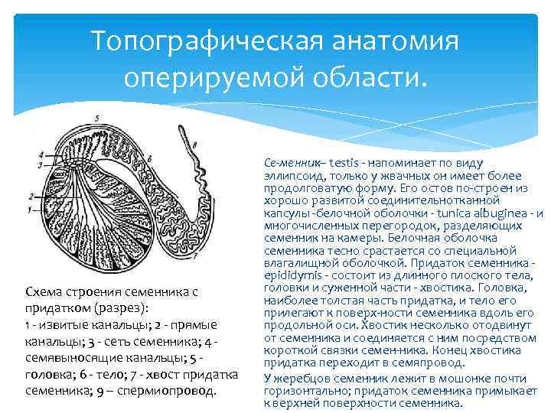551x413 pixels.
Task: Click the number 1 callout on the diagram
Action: (x=29, y=209)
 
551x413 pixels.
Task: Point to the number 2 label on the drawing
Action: (x=29, y=194)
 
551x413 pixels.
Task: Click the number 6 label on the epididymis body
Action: (x=150, y=158)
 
